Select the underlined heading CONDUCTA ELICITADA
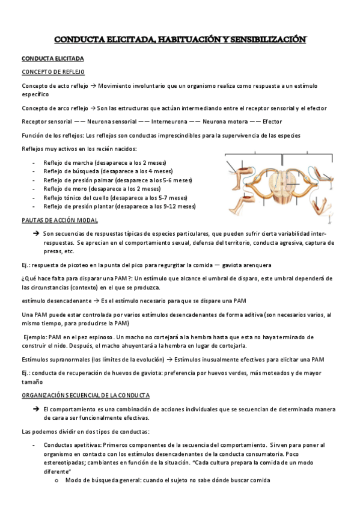point(53,59)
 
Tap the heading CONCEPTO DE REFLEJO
point(53,72)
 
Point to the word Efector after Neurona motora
point(272,121)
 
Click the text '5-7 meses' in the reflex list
point(171,197)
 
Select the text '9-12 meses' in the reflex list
point(179,206)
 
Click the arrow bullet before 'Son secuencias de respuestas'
point(36,233)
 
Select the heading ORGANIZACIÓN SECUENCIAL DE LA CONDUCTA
point(85,395)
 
